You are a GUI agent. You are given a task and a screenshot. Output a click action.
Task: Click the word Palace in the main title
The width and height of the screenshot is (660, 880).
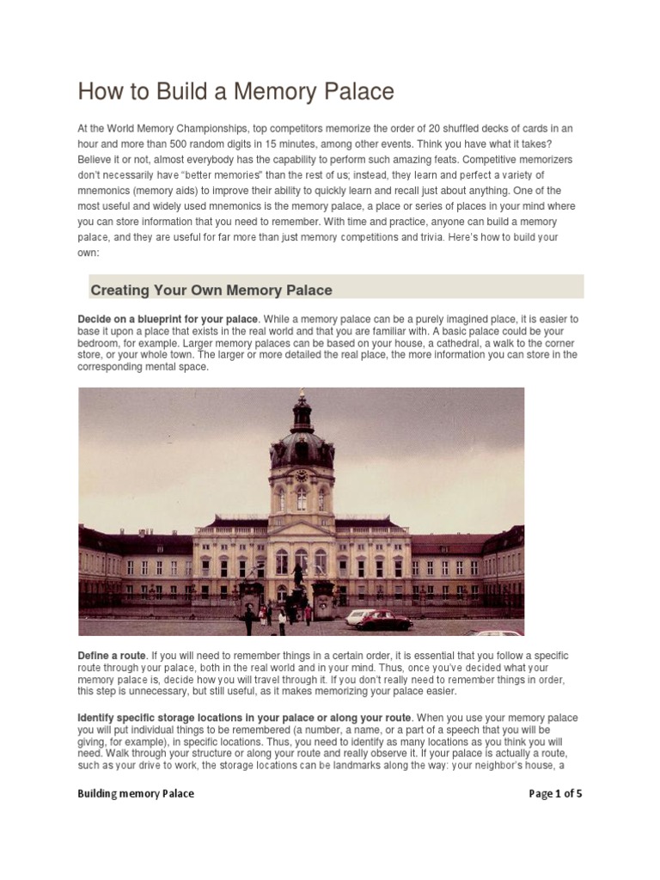pos(349,91)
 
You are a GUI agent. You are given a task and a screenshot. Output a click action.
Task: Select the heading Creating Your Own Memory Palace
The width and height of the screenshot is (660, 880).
pos(211,290)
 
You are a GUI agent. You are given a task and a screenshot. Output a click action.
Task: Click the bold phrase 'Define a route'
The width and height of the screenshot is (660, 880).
pos(113,656)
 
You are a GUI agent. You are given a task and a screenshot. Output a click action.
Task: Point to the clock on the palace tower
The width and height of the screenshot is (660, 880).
pos(301,475)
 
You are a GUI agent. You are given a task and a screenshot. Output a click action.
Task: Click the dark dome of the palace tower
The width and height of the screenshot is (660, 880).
pos(301,447)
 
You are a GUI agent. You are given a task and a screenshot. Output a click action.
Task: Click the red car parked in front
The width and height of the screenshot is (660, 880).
pos(383,620)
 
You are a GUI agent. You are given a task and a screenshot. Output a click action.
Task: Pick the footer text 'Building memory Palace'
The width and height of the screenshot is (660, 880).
pos(136,793)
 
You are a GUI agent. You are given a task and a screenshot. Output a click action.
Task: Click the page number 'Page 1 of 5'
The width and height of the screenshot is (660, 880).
pos(555,793)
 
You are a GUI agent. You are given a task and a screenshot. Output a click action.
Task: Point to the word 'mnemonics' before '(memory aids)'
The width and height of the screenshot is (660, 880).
pos(107,191)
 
